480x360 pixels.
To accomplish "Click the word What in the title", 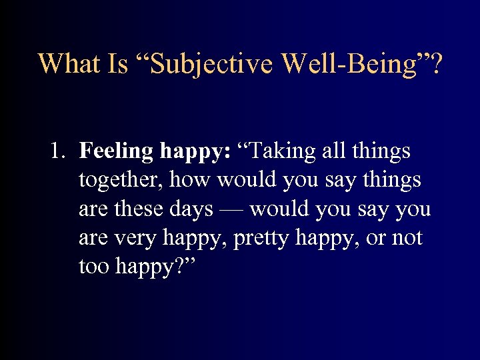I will click(67, 63).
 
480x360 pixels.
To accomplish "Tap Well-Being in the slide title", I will click(351, 63).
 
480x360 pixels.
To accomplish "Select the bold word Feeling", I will click(116, 152).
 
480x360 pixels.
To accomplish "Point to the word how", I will click(191, 180).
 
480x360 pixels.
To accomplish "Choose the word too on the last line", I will click(95, 267).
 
